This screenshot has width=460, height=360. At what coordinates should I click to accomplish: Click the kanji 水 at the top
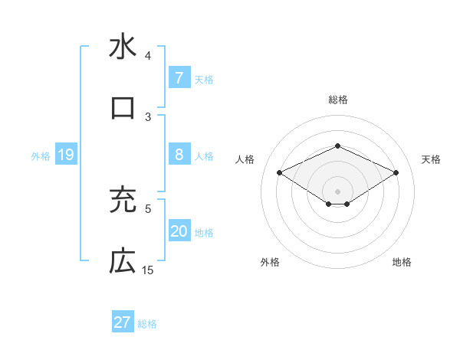[123, 47]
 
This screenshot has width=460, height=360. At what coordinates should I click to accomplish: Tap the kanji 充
[123, 200]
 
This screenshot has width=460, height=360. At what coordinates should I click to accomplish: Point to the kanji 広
[123, 261]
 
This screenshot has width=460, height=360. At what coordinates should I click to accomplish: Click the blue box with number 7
[179, 77]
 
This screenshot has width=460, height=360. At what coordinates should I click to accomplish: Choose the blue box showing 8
[179, 155]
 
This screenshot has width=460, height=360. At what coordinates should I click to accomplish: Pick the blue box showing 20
[179, 232]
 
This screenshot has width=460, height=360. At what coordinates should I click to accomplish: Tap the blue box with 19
[65, 155]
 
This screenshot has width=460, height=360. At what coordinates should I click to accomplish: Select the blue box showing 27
[123, 322]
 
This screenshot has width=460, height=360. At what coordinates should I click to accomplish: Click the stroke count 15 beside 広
[148, 270]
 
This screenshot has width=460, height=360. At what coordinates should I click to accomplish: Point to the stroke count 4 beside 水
[148, 56]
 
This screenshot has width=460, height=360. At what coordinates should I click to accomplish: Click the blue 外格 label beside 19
[41, 156]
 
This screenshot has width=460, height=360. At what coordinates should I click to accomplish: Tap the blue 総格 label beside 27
[147, 324]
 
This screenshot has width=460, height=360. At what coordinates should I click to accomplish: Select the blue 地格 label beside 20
[204, 233]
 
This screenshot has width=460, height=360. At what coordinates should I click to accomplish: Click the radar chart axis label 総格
[337, 100]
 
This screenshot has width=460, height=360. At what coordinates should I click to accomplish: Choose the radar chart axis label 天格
[431, 159]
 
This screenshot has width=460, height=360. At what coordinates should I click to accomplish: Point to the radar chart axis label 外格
[270, 262]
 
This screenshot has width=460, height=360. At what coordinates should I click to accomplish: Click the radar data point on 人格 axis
[280, 173]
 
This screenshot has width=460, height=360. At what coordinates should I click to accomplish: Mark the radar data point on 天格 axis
[396, 173]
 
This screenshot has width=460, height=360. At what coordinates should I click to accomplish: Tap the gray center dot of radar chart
[337, 191]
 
